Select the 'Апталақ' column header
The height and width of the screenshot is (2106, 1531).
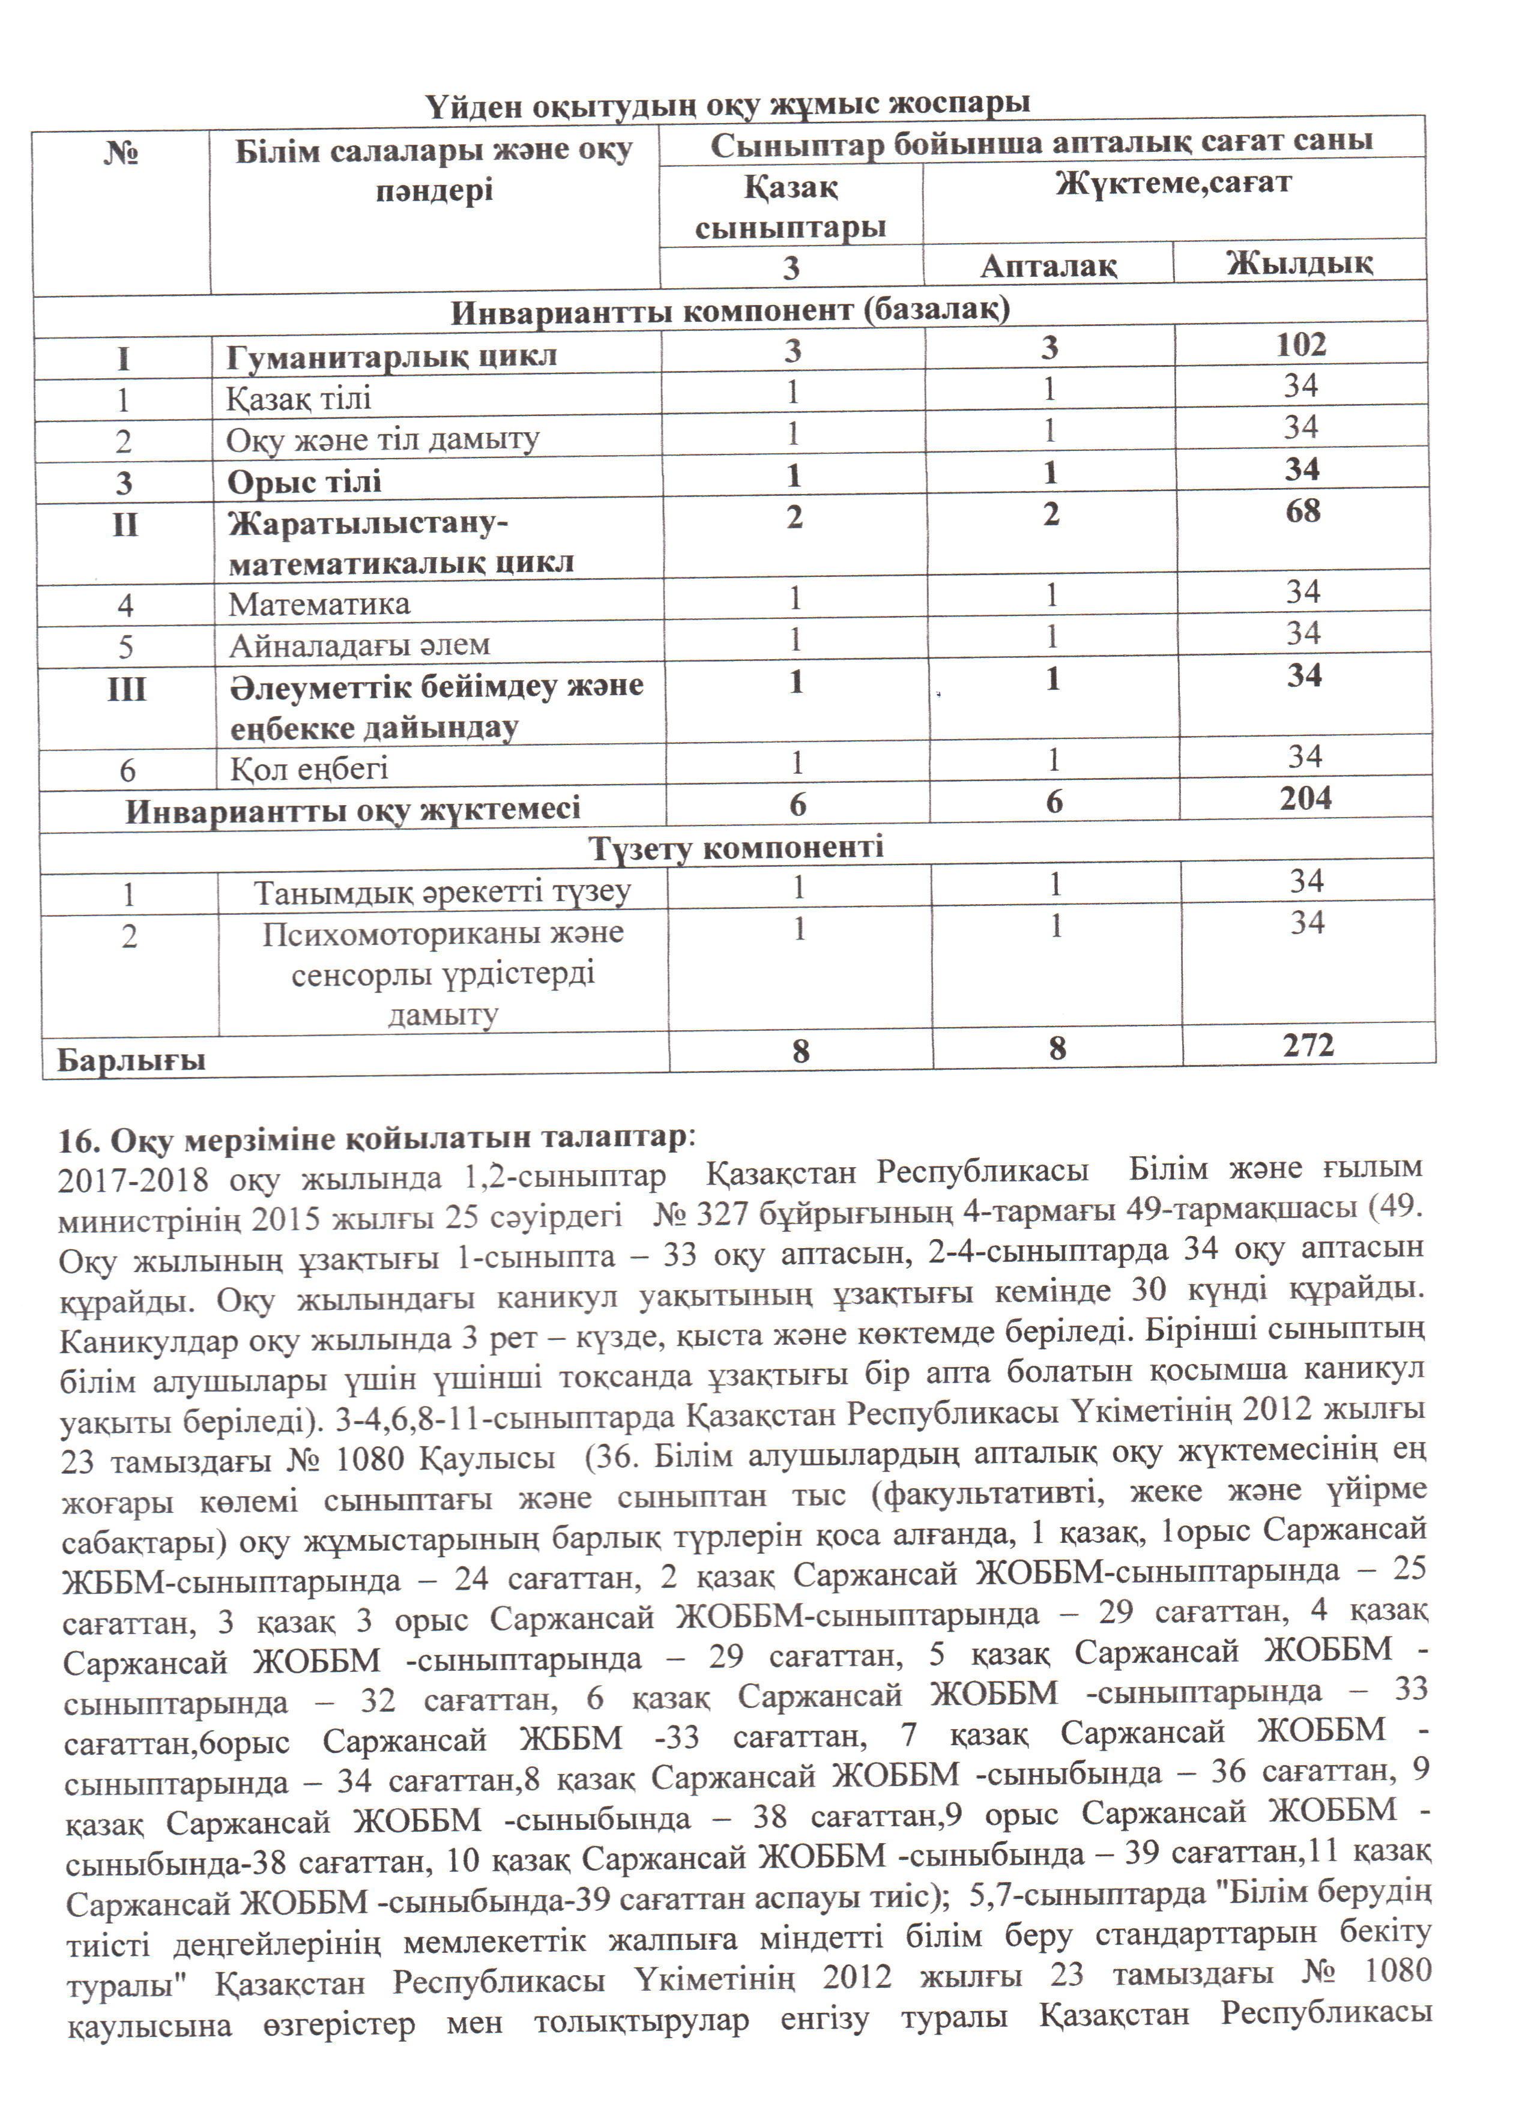pos(1048,265)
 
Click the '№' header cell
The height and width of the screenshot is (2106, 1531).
pos(121,151)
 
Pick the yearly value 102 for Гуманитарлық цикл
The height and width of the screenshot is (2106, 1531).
pos(1300,345)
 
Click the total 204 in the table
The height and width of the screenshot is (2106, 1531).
pos(1305,798)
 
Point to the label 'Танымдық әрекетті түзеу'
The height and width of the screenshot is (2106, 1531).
pos(442,892)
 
